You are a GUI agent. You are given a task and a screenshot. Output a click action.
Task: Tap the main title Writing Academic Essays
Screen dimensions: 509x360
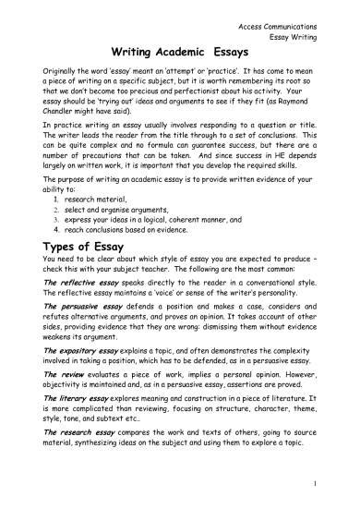coord(175,54)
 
